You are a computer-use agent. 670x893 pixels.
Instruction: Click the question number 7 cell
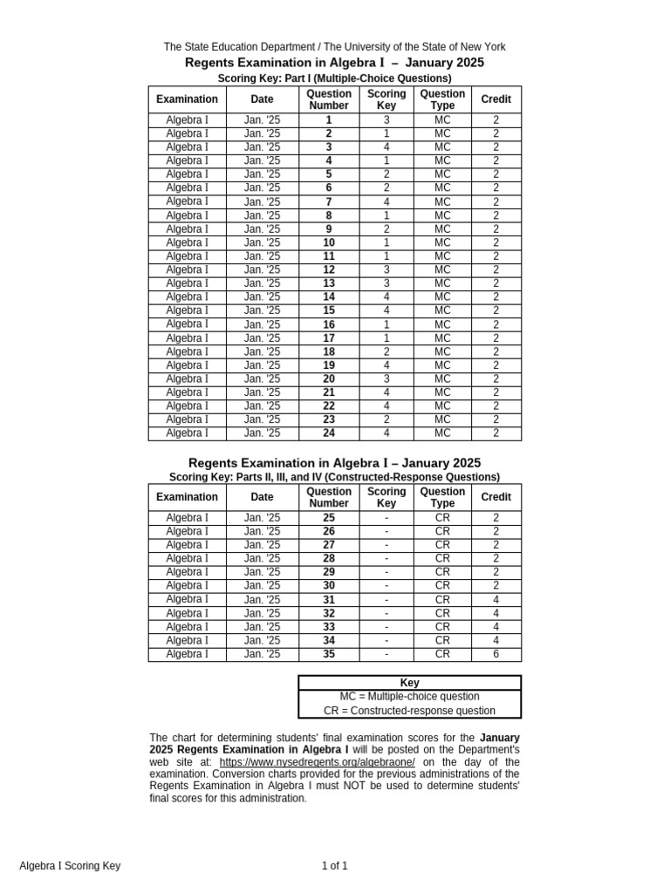329,201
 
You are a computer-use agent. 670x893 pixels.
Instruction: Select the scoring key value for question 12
386,269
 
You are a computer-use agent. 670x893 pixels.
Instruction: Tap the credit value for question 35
496,654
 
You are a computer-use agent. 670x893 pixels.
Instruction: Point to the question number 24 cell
329,433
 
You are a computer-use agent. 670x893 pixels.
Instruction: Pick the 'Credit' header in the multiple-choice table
496,99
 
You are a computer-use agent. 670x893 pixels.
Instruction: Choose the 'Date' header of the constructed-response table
262,497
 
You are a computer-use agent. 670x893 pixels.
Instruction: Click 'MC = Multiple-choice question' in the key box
409,697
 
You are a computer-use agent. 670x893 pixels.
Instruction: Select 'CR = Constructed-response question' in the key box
409,711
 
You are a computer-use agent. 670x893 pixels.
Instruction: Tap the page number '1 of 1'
334,866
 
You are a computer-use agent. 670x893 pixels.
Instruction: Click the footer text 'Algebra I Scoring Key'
70,866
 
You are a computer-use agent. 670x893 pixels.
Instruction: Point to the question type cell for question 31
442,599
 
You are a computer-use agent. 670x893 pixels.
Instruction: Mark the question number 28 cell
329,558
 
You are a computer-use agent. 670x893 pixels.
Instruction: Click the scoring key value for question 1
386,120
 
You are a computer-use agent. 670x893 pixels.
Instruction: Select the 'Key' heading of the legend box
409,683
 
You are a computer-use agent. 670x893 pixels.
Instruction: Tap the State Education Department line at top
334,47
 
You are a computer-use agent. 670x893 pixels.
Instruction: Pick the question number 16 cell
329,324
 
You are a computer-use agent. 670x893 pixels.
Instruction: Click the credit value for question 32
496,613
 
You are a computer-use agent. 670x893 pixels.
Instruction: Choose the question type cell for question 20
442,378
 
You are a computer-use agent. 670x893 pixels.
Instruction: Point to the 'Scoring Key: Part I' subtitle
334,78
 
